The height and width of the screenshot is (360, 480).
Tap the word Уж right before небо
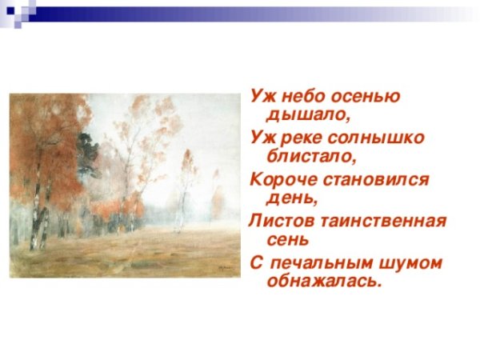coord(260,96)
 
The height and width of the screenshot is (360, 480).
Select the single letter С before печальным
coord(256,262)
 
